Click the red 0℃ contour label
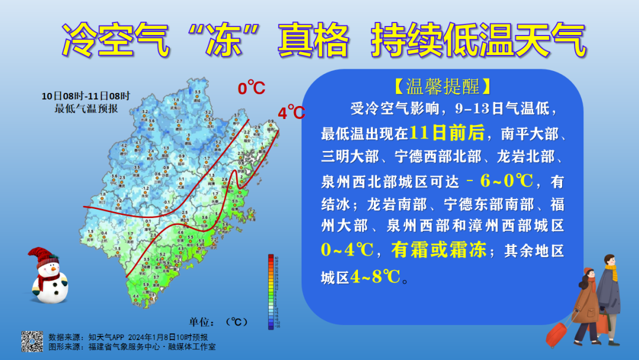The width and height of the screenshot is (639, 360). (251, 88)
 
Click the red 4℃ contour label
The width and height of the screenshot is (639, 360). (291, 112)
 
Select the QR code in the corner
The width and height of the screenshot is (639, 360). (33, 341)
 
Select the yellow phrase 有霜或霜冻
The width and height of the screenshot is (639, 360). (437, 250)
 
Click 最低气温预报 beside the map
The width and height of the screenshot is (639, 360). (86, 108)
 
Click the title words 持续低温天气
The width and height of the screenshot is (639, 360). (479, 42)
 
